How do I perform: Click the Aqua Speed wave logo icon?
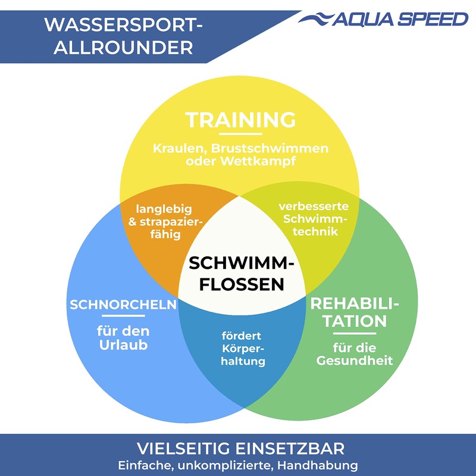click(315, 18)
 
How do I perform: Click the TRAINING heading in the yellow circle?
click(240, 120)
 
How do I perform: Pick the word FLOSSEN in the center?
click(242, 284)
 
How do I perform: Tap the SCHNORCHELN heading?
click(123, 305)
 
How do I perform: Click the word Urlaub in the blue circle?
click(123, 345)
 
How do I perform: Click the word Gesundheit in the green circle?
click(355, 361)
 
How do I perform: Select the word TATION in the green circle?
click(355, 321)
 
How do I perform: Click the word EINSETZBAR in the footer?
click(291, 447)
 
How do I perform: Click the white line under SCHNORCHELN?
click(123, 316)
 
